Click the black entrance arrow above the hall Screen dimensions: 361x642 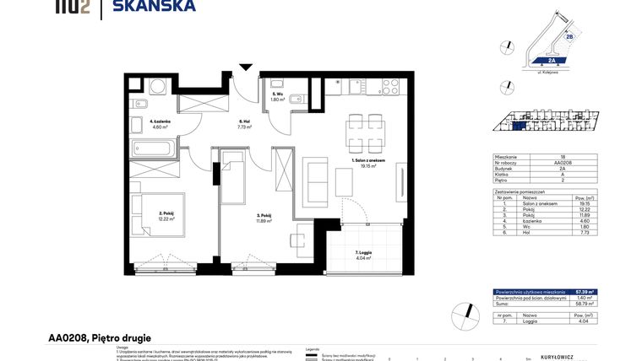(x=246, y=67)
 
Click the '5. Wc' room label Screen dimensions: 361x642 (x=276, y=94)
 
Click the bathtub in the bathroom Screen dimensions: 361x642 (x=152, y=148)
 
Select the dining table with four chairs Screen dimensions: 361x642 (x=367, y=133)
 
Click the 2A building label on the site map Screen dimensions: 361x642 (x=551, y=61)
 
